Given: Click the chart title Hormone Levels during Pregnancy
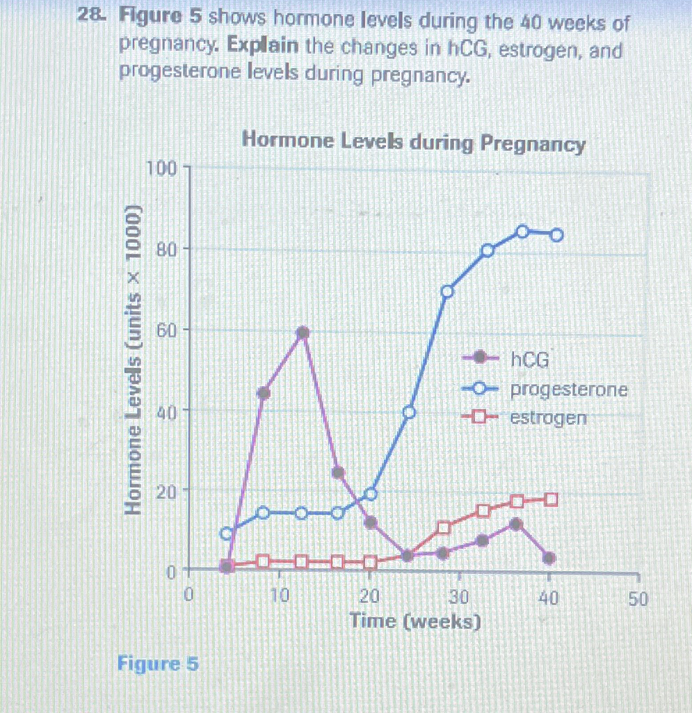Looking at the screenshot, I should (x=413, y=143).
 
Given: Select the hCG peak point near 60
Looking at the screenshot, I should (x=303, y=333).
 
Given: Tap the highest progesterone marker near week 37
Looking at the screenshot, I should (x=522, y=232).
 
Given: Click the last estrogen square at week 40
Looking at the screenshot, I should (x=551, y=499).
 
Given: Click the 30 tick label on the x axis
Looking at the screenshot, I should (x=458, y=598).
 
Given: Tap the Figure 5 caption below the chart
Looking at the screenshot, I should (x=158, y=664).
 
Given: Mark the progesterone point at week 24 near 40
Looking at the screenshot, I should (x=409, y=412).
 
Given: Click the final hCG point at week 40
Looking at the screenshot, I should (x=549, y=558).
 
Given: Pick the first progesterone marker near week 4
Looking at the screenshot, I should (x=226, y=534).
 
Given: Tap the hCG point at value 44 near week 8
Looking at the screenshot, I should (x=264, y=393).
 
